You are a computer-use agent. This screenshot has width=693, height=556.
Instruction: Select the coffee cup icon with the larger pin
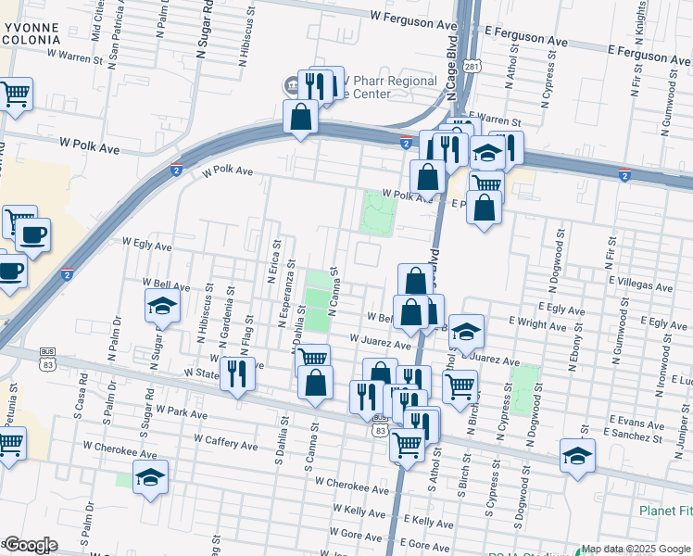pos(33,235)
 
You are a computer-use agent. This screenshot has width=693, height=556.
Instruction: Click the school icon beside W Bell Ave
pos(162,307)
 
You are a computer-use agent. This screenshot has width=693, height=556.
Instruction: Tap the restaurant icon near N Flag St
pos(239,373)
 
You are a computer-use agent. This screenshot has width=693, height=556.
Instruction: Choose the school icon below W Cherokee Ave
pos(150,477)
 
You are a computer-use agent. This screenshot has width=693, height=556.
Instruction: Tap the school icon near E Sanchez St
pos(577,456)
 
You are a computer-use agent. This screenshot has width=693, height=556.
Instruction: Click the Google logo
pos(31,544)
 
